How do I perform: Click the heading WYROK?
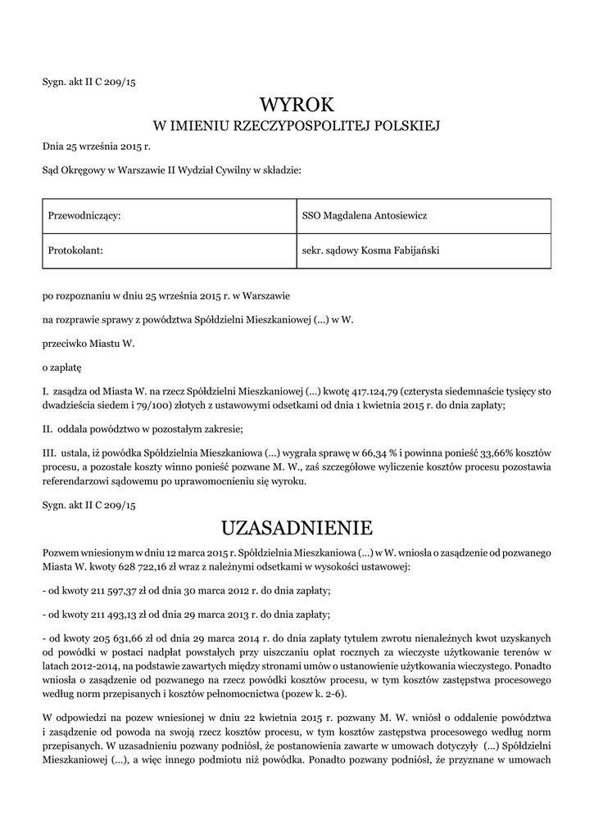click(x=297, y=104)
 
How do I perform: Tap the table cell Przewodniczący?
click(x=168, y=215)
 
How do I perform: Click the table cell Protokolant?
click(x=168, y=250)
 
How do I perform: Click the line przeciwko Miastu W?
click(x=88, y=345)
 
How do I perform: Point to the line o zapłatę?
click(x=61, y=368)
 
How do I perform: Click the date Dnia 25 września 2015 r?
click(x=97, y=146)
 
